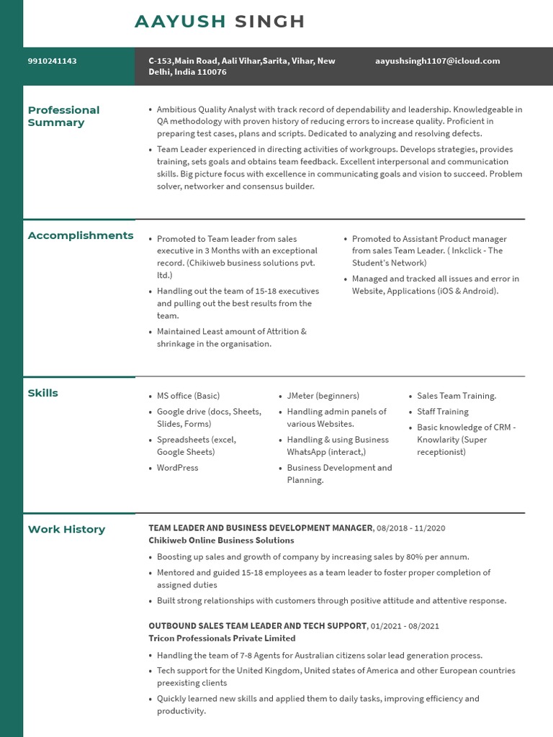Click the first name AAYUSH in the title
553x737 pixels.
(180, 22)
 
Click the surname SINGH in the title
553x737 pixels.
(270, 22)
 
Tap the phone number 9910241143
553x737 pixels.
(53, 61)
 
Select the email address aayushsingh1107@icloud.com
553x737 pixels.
(437, 61)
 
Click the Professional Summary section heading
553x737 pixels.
(63, 117)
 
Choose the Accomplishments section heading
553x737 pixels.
(81, 235)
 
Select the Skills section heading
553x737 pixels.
(43, 393)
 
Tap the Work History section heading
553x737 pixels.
(66, 530)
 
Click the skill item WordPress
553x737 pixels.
(177, 468)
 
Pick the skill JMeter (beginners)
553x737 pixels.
(323, 396)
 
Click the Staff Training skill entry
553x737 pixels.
(442, 412)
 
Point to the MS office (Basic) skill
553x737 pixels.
(188, 396)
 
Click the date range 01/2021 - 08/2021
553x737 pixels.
(405, 626)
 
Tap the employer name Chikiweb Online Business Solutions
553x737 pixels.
(221, 541)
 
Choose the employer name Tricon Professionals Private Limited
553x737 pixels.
(222, 638)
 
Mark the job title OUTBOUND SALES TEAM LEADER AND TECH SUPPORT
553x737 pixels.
(258, 626)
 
